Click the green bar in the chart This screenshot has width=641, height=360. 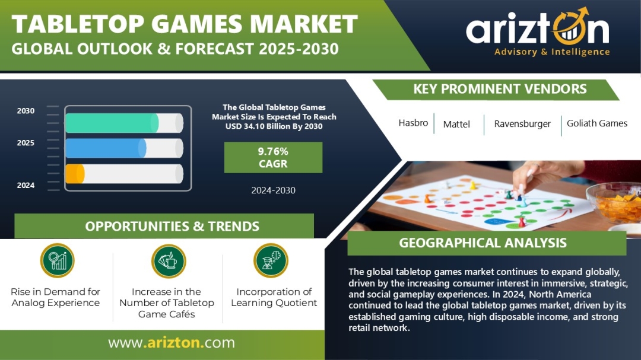(x=112, y=123)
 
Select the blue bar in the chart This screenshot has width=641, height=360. (x=106, y=148)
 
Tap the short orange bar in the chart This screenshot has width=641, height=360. (x=75, y=174)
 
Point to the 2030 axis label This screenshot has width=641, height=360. (x=26, y=111)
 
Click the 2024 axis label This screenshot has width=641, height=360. (x=26, y=185)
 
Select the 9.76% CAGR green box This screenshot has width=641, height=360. (x=273, y=157)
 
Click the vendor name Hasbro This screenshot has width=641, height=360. (x=413, y=123)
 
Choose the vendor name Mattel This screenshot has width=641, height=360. (x=456, y=124)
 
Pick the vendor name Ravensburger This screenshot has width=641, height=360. (x=522, y=124)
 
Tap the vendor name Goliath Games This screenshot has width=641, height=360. (x=597, y=123)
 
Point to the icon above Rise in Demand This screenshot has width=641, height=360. (x=57, y=261)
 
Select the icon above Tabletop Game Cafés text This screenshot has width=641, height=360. (x=169, y=261)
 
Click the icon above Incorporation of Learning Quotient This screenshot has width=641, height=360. (x=271, y=261)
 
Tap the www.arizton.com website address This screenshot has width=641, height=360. (x=172, y=342)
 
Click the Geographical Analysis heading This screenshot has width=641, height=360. (x=483, y=243)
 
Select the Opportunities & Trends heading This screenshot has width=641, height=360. (x=172, y=227)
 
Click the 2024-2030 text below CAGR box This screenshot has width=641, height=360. (x=273, y=190)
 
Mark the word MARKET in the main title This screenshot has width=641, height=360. (x=304, y=24)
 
